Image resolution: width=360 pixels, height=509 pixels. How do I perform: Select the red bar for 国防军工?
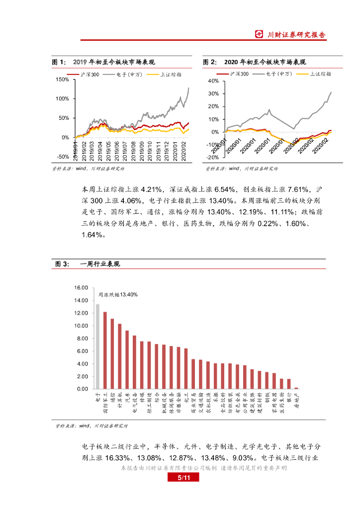[x=105, y=350]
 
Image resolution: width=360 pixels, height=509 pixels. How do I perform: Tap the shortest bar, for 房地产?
[x=296, y=388]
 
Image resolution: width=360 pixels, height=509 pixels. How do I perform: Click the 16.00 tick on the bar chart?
[x=81, y=288]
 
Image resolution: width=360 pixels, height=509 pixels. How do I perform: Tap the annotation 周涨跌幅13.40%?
[x=117, y=295]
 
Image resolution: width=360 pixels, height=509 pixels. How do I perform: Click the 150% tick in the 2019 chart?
[x=63, y=80]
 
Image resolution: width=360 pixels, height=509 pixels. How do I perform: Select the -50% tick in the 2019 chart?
[x=63, y=157]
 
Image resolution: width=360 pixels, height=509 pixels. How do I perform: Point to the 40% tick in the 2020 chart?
[x=213, y=81]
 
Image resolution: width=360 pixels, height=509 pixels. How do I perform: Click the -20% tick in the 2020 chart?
[x=212, y=158]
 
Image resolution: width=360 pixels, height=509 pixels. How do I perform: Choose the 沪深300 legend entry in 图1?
[x=90, y=74]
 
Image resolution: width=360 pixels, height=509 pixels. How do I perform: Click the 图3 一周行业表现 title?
[x=87, y=264]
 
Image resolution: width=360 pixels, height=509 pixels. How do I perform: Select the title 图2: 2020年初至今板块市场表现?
[x=255, y=62]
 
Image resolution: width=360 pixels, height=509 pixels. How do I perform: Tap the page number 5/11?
[x=180, y=478]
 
